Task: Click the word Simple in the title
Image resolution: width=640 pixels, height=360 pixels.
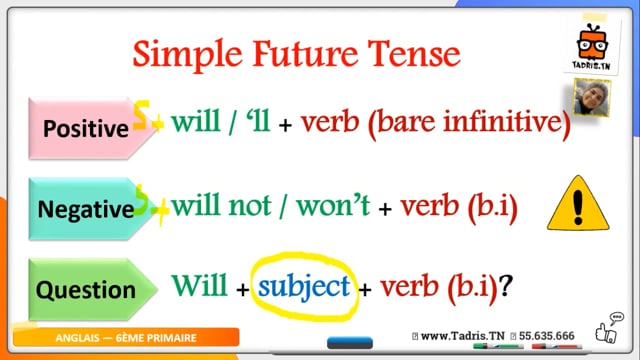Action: [x=188, y=55]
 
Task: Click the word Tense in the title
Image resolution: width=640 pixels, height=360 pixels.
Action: [x=414, y=53]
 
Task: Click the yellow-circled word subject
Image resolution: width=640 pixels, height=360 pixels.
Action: [x=304, y=286]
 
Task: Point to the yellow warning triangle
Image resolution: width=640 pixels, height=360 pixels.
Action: [x=578, y=203]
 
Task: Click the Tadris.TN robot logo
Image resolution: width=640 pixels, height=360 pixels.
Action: [x=593, y=46]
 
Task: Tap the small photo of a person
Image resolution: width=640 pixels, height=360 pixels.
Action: [x=591, y=97]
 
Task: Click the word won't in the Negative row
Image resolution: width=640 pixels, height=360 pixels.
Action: [x=333, y=205]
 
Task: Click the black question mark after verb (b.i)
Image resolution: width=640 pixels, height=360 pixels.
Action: [x=505, y=286]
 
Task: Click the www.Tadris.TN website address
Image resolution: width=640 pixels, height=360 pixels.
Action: [x=462, y=336]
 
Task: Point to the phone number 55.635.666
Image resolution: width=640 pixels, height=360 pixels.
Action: [x=547, y=336]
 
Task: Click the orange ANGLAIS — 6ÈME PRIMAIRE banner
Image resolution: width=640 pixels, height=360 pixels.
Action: [x=126, y=338]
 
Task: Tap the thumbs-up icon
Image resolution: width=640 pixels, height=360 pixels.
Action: [x=605, y=332]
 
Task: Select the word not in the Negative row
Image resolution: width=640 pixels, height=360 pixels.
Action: [x=250, y=205]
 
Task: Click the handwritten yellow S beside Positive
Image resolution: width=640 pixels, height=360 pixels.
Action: [x=140, y=115]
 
